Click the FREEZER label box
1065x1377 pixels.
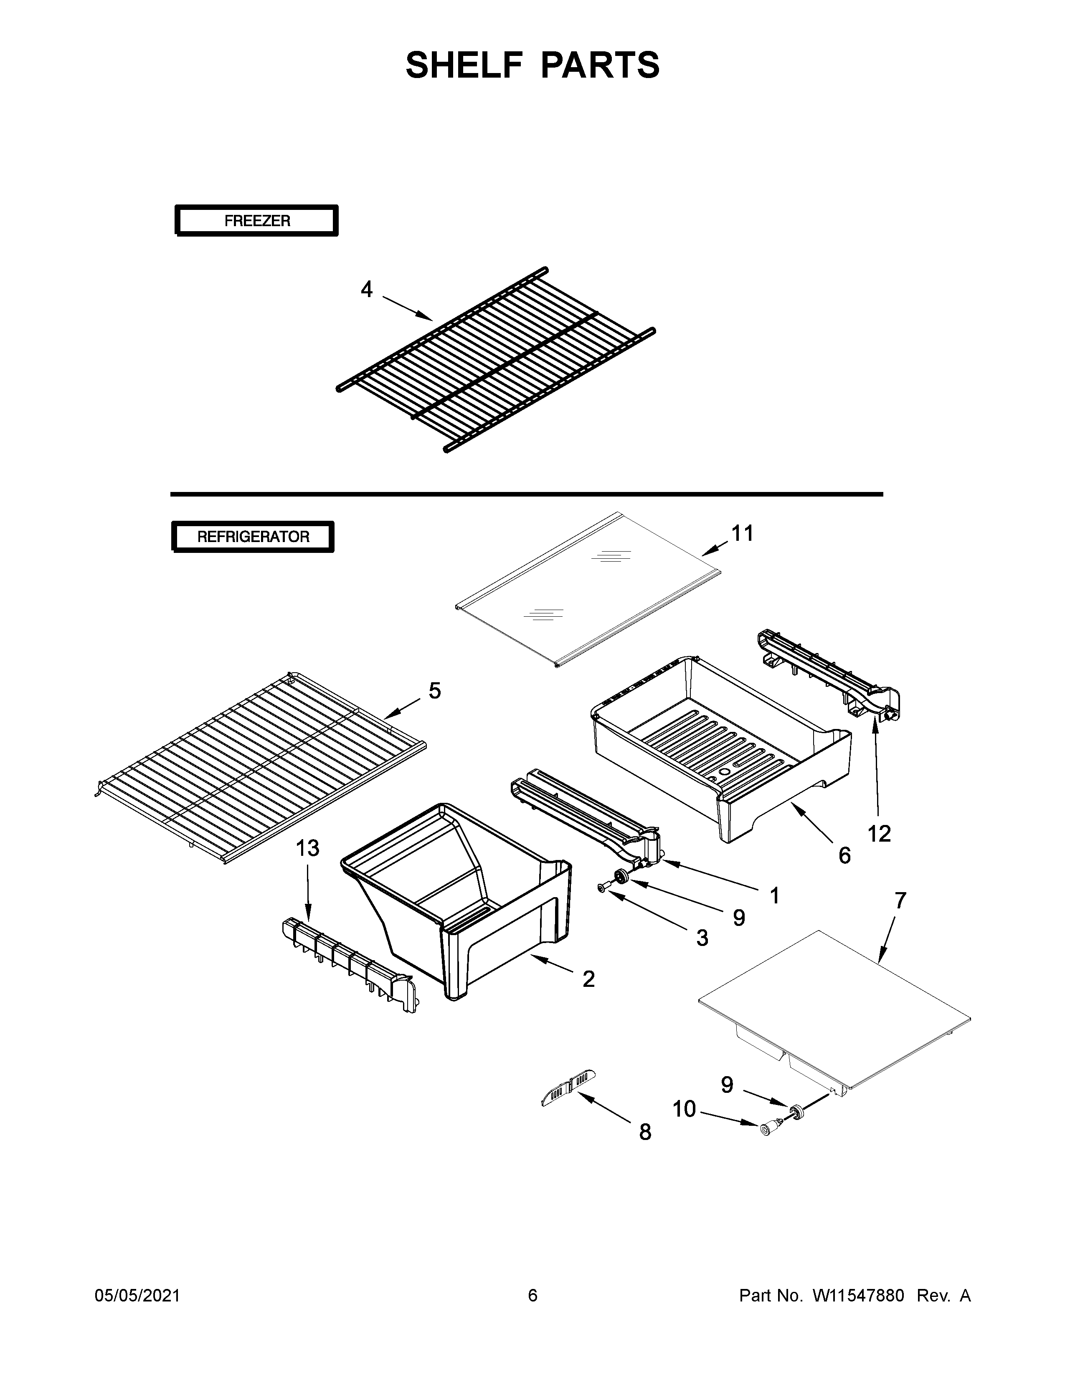[x=257, y=221]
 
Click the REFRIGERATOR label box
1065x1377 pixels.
[x=253, y=537]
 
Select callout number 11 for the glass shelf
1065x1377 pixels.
[x=742, y=533]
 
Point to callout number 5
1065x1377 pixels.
[x=435, y=691]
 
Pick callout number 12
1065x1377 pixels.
[x=879, y=834]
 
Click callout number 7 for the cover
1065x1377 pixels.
[x=900, y=900]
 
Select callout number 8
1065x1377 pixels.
[x=645, y=1132]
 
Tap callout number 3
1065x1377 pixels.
[x=702, y=938]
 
